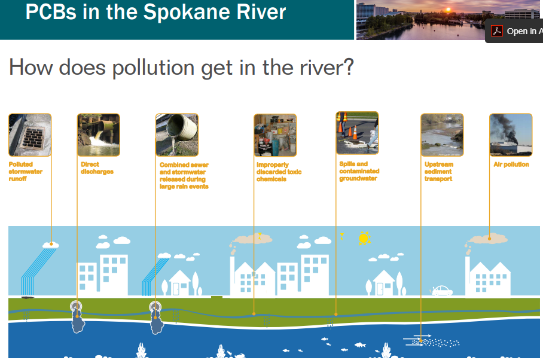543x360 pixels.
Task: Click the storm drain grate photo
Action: (30, 135)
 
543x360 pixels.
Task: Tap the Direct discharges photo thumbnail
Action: (99, 135)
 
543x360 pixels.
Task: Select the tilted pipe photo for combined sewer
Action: (177, 135)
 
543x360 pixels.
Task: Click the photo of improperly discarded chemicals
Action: (275, 135)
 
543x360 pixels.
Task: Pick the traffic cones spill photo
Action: (358, 133)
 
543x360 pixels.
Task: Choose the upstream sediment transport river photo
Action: (442, 135)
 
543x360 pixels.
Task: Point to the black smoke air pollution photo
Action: (511, 135)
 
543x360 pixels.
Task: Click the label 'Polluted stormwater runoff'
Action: (26, 172)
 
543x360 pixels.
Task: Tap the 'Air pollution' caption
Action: (511, 164)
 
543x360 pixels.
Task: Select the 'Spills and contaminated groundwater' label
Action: (359, 171)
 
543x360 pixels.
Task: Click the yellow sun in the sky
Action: (364, 238)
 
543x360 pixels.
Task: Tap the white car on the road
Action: (441, 291)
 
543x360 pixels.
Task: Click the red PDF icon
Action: (497, 31)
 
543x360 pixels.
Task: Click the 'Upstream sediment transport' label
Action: (439, 172)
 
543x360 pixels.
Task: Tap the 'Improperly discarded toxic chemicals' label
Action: (279, 172)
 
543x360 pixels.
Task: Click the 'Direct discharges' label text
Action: (97, 168)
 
